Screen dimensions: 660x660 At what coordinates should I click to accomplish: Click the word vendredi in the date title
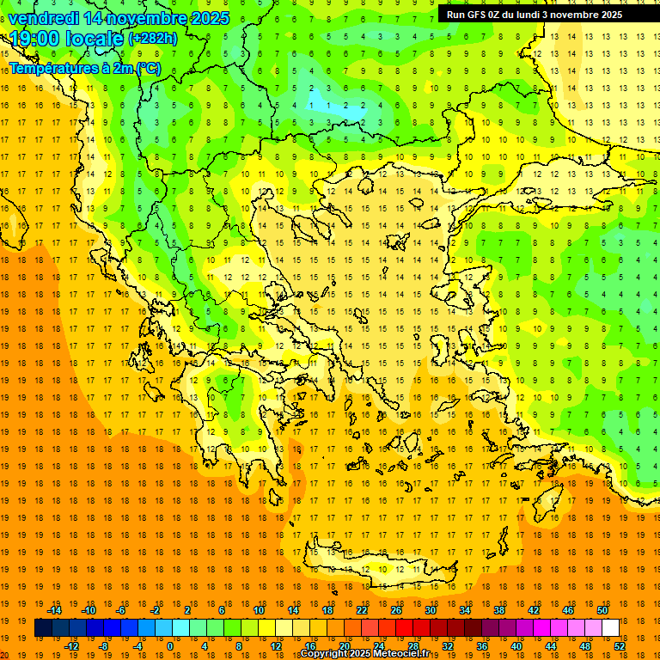pos(45,18)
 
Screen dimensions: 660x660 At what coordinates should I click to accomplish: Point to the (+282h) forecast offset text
pos(152,39)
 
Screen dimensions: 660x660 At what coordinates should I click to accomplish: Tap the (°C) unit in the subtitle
pos(147,68)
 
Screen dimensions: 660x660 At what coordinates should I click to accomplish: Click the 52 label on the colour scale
pos(620,646)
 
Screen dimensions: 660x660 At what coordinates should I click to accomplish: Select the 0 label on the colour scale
pos(170,646)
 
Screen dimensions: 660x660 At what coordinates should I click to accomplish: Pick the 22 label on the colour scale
pos(362,610)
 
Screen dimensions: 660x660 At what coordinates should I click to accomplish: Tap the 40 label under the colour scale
pos(516,646)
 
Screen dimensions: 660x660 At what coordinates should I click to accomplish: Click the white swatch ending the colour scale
pos(610,627)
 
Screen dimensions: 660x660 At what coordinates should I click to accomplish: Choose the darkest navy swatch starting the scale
pos(43,627)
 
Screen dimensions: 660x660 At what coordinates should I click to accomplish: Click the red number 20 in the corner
pos(4,654)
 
